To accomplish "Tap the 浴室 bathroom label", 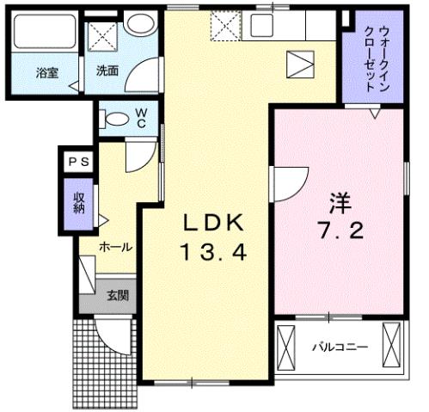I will [x=46, y=73].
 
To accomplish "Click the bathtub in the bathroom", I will [x=44, y=34].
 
